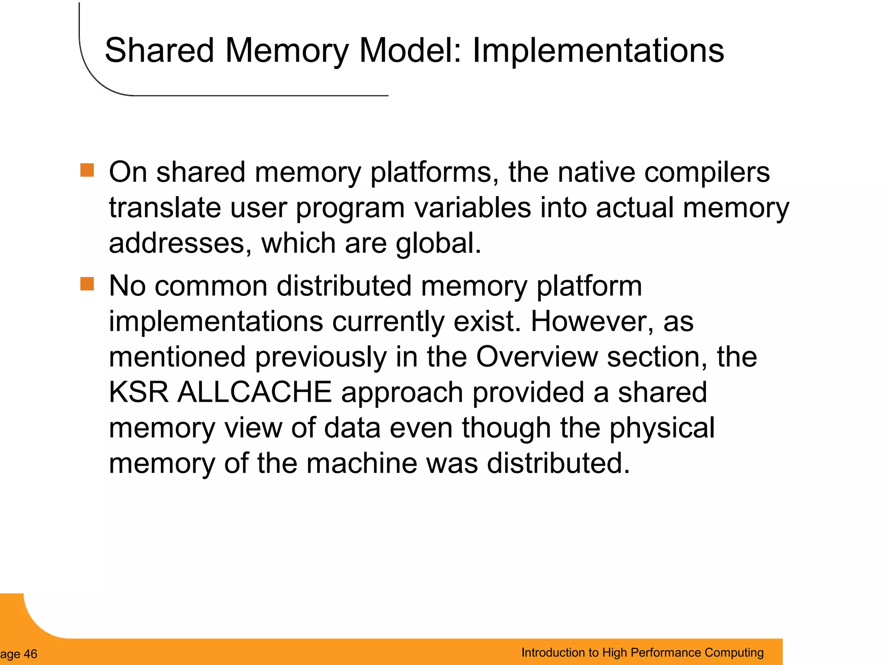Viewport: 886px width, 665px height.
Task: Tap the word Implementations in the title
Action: coord(598,51)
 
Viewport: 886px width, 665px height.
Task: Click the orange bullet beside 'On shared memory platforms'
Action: coord(87,170)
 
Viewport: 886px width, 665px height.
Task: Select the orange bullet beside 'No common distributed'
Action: coord(87,284)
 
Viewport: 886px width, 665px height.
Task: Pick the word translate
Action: coord(165,207)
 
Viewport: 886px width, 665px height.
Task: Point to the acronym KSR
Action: coord(138,392)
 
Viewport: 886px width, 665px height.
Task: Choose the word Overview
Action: coord(536,357)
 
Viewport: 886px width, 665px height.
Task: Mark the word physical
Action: coord(662,428)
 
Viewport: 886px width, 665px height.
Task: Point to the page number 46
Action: coord(30,654)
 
